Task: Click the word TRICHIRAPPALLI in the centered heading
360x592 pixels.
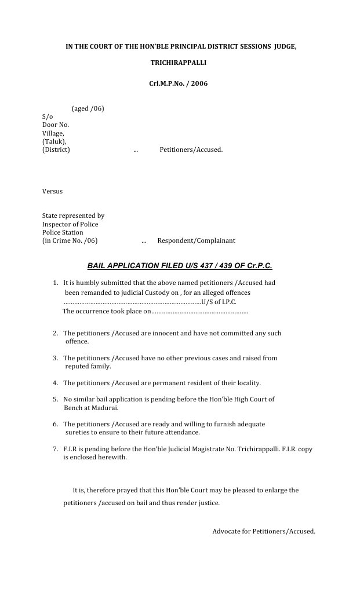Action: point(179,62)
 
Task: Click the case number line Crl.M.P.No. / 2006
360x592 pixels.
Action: point(179,84)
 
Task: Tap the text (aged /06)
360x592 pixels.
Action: point(88,109)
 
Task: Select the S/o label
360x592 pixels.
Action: point(48,117)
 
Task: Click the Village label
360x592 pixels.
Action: point(53,133)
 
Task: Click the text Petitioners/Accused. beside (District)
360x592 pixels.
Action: point(191,149)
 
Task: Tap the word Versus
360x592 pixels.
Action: point(52,191)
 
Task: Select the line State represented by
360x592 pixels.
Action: point(73,216)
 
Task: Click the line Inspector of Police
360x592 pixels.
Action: point(70,224)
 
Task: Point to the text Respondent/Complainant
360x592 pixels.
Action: point(196,240)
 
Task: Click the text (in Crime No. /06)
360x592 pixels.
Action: point(70,240)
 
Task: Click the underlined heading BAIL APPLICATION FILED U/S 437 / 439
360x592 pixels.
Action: point(180,266)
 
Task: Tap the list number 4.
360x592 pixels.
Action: point(55,383)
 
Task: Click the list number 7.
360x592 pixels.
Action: point(55,449)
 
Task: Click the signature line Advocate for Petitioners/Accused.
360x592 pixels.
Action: point(264,531)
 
